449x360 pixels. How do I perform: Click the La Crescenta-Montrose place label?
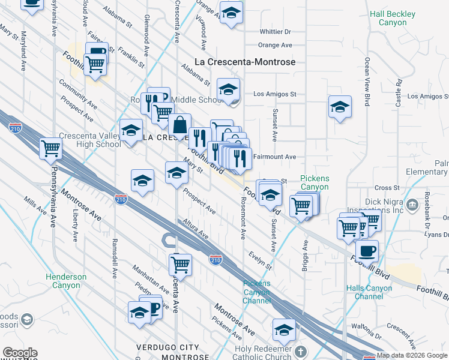click(x=246, y=62)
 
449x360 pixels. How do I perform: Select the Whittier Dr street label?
click(x=275, y=32)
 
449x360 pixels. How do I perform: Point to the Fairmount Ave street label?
click(x=274, y=157)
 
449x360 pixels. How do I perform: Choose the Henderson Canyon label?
click(x=65, y=281)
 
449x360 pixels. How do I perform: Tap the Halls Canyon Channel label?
click(x=369, y=292)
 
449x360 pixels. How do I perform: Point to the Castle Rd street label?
click(x=397, y=92)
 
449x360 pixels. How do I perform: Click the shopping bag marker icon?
click(x=179, y=126)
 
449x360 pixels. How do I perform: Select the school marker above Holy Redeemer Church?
click(x=284, y=329)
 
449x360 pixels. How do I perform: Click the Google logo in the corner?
click(x=20, y=353)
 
